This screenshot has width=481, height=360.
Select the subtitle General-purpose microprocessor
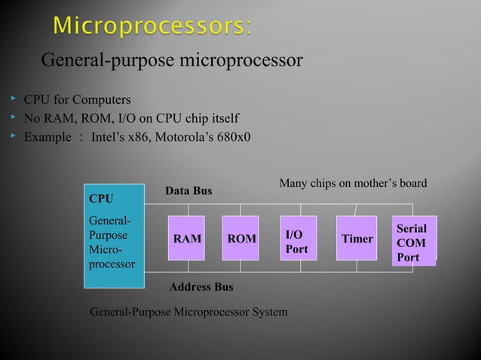click(171, 59)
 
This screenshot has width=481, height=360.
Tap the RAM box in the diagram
click(187, 239)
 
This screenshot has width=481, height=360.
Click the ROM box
click(242, 239)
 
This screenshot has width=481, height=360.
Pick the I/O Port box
click(299, 237)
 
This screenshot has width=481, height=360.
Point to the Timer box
click(357, 239)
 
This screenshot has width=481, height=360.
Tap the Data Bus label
click(188, 192)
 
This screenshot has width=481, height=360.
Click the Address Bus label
click(201, 287)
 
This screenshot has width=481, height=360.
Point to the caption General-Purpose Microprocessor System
click(188, 311)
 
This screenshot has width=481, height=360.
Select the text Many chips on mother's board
click(353, 183)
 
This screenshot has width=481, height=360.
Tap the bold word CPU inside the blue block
click(101, 199)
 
